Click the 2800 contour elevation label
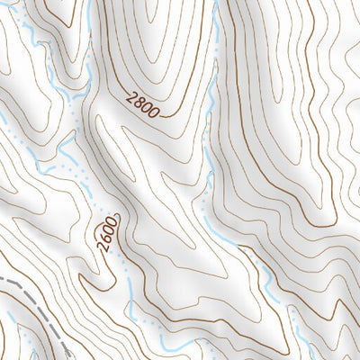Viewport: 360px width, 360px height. [144, 105]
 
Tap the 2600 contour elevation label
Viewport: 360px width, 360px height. [108, 234]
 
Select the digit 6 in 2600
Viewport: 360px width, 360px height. [106, 238]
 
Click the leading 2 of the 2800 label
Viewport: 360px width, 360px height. [132, 98]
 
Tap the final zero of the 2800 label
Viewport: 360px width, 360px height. [155, 113]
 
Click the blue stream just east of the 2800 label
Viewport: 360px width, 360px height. [209, 117]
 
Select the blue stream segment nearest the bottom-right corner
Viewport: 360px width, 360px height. [301, 346]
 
